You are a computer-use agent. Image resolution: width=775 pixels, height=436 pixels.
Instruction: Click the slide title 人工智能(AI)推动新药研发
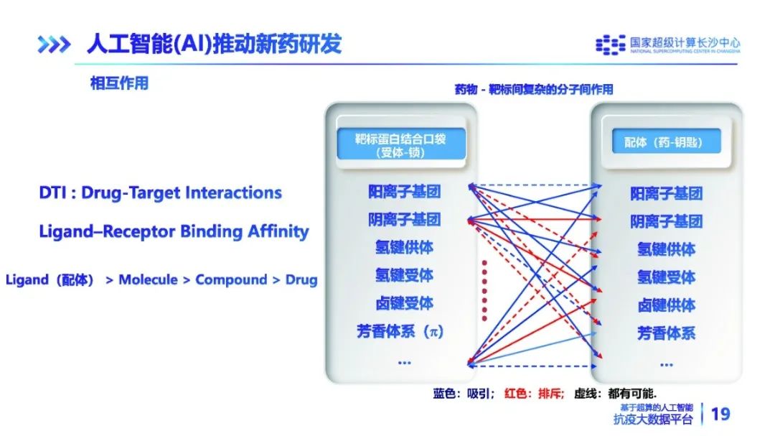(x=214, y=44)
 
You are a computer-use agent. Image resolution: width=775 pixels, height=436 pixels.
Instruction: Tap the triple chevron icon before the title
(x=55, y=45)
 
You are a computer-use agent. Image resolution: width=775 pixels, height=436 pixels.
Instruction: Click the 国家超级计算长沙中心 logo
(x=667, y=45)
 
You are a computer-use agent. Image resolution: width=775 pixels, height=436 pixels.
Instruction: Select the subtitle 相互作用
(x=119, y=83)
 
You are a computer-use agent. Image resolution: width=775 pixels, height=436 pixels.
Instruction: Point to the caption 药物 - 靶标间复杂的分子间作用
(x=534, y=90)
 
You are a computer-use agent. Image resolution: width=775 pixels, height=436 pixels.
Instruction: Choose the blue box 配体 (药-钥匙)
(x=662, y=142)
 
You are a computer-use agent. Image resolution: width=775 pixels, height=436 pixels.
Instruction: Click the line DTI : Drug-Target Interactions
(x=161, y=193)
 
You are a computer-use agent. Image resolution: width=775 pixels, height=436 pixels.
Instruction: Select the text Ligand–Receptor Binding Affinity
(x=174, y=231)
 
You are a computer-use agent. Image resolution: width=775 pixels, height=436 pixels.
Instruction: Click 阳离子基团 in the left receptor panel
(x=404, y=192)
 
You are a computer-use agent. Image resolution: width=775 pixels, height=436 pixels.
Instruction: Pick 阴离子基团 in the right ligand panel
(x=666, y=221)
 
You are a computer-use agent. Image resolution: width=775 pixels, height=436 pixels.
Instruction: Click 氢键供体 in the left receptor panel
(x=404, y=247)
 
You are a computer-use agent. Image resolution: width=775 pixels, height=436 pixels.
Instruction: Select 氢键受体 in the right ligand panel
(x=666, y=277)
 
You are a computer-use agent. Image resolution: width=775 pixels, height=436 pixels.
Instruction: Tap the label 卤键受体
(x=404, y=303)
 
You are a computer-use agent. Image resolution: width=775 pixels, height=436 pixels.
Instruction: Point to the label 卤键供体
(x=666, y=305)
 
